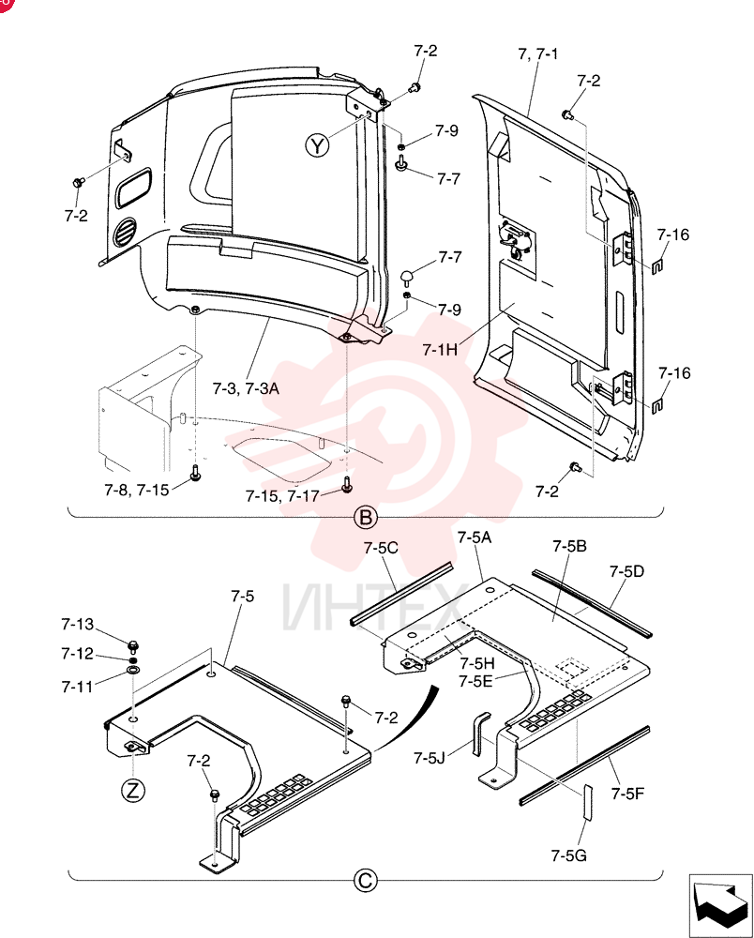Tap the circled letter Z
(133, 791)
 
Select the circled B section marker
(366, 518)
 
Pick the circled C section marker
(366, 881)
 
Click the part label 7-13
(78, 625)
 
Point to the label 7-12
(78, 654)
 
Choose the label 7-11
(78, 687)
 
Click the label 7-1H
(440, 349)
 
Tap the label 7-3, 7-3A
(246, 389)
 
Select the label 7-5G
(568, 856)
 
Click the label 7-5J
(430, 759)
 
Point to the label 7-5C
(381, 548)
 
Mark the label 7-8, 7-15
(137, 491)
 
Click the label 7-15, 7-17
(282, 496)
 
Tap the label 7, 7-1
(538, 53)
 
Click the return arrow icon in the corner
(721, 906)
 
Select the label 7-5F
(627, 794)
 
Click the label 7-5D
(627, 572)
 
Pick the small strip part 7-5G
(587, 803)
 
